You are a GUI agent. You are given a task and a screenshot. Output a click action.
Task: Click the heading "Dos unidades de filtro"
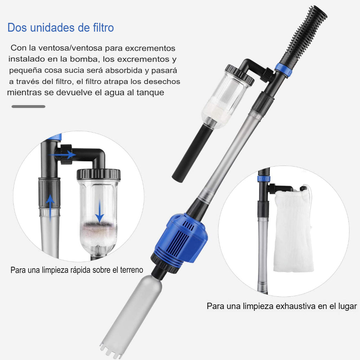(60, 27)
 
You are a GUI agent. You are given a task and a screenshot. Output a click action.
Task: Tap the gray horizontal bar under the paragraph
(28, 107)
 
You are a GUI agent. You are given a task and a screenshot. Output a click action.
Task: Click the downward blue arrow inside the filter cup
(99, 211)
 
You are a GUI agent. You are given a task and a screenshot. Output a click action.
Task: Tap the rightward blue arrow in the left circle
(63, 155)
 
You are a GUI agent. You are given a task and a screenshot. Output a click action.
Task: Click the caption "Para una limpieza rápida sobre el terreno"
(77, 270)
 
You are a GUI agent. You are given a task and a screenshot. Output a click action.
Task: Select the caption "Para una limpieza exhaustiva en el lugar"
(282, 306)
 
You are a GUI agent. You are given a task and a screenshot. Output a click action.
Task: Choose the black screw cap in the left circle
(98, 174)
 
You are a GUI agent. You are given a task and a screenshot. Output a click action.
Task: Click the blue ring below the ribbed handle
(284, 69)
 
